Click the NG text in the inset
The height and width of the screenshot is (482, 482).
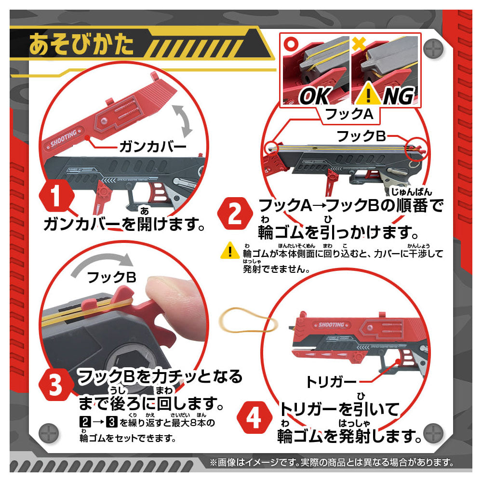[x=397, y=96]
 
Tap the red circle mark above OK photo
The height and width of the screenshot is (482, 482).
[x=290, y=41]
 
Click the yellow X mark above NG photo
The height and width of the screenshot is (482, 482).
[x=357, y=41]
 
